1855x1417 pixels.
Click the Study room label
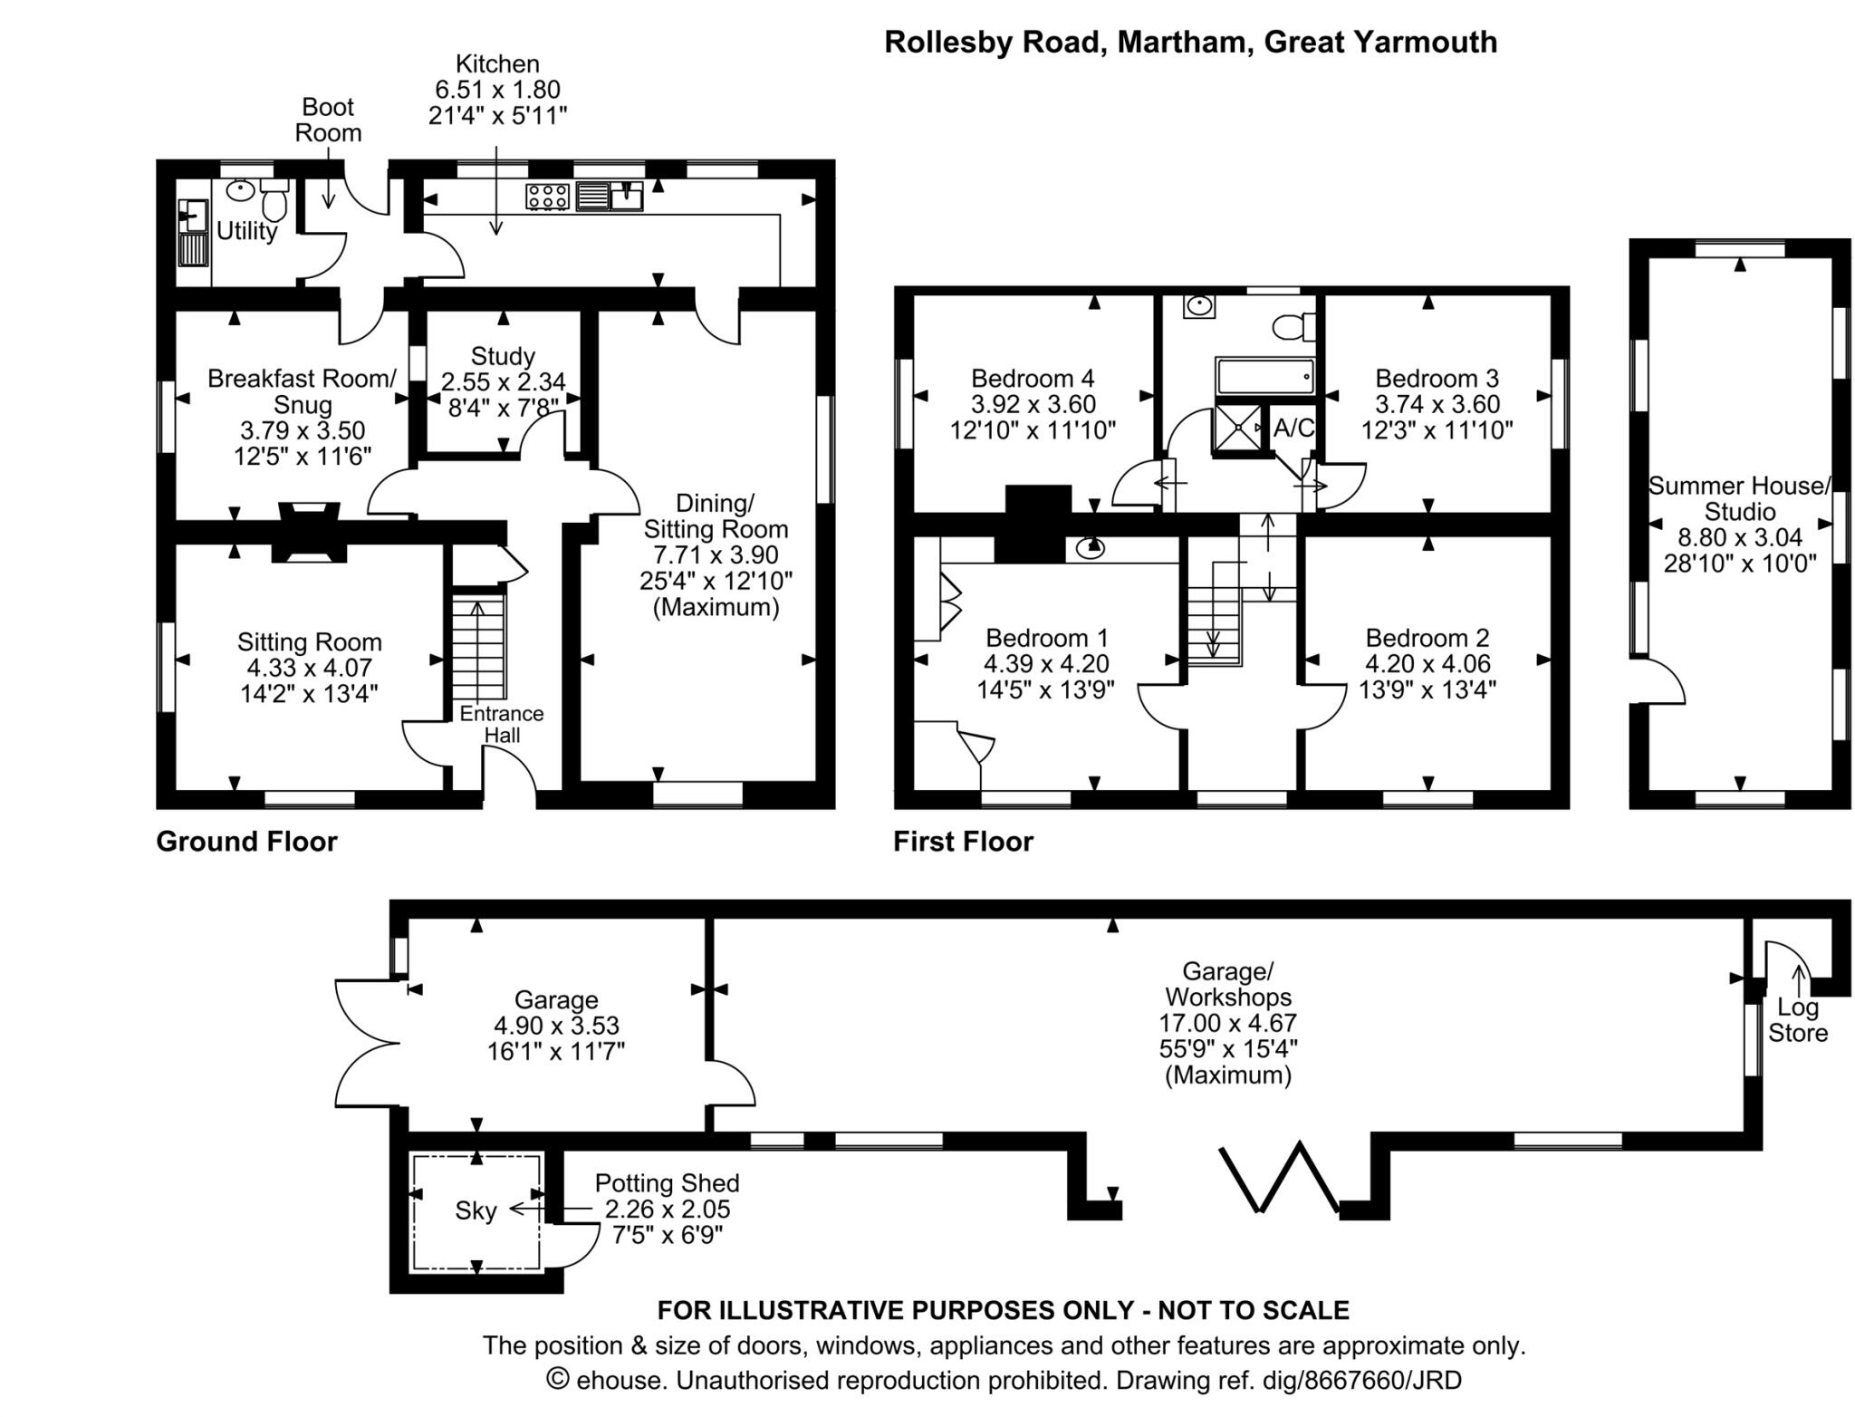pyautogui.click(x=503, y=356)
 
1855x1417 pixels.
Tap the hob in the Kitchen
pyautogui.click(x=548, y=197)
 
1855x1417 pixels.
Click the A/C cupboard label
pyautogui.click(x=1293, y=428)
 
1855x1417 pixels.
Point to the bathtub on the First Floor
pyautogui.click(x=1264, y=375)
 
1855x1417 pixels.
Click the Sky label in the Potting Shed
pyautogui.click(x=476, y=1210)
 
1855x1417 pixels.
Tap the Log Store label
pyautogui.click(x=1798, y=1020)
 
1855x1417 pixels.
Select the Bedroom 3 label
pyautogui.click(x=1437, y=378)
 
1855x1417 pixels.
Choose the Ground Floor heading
pyautogui.click(x=246, y=842)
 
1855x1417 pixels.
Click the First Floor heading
pyautogui.click(x=963, y=842)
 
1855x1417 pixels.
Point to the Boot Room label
pyautogui.click(x=328, y=120)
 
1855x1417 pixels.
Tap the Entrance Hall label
pyautogui.click(x=502, y=724)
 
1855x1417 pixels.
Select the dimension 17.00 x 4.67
pyautogui.click(x=1228, y=1023)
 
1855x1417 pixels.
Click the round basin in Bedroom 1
pyautogui.click(x=1091, y=547)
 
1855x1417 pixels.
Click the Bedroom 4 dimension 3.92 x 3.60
pyautogui.click(x=1033, y=404)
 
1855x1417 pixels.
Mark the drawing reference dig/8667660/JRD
pyautogui.click(x=1288, y=1381)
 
